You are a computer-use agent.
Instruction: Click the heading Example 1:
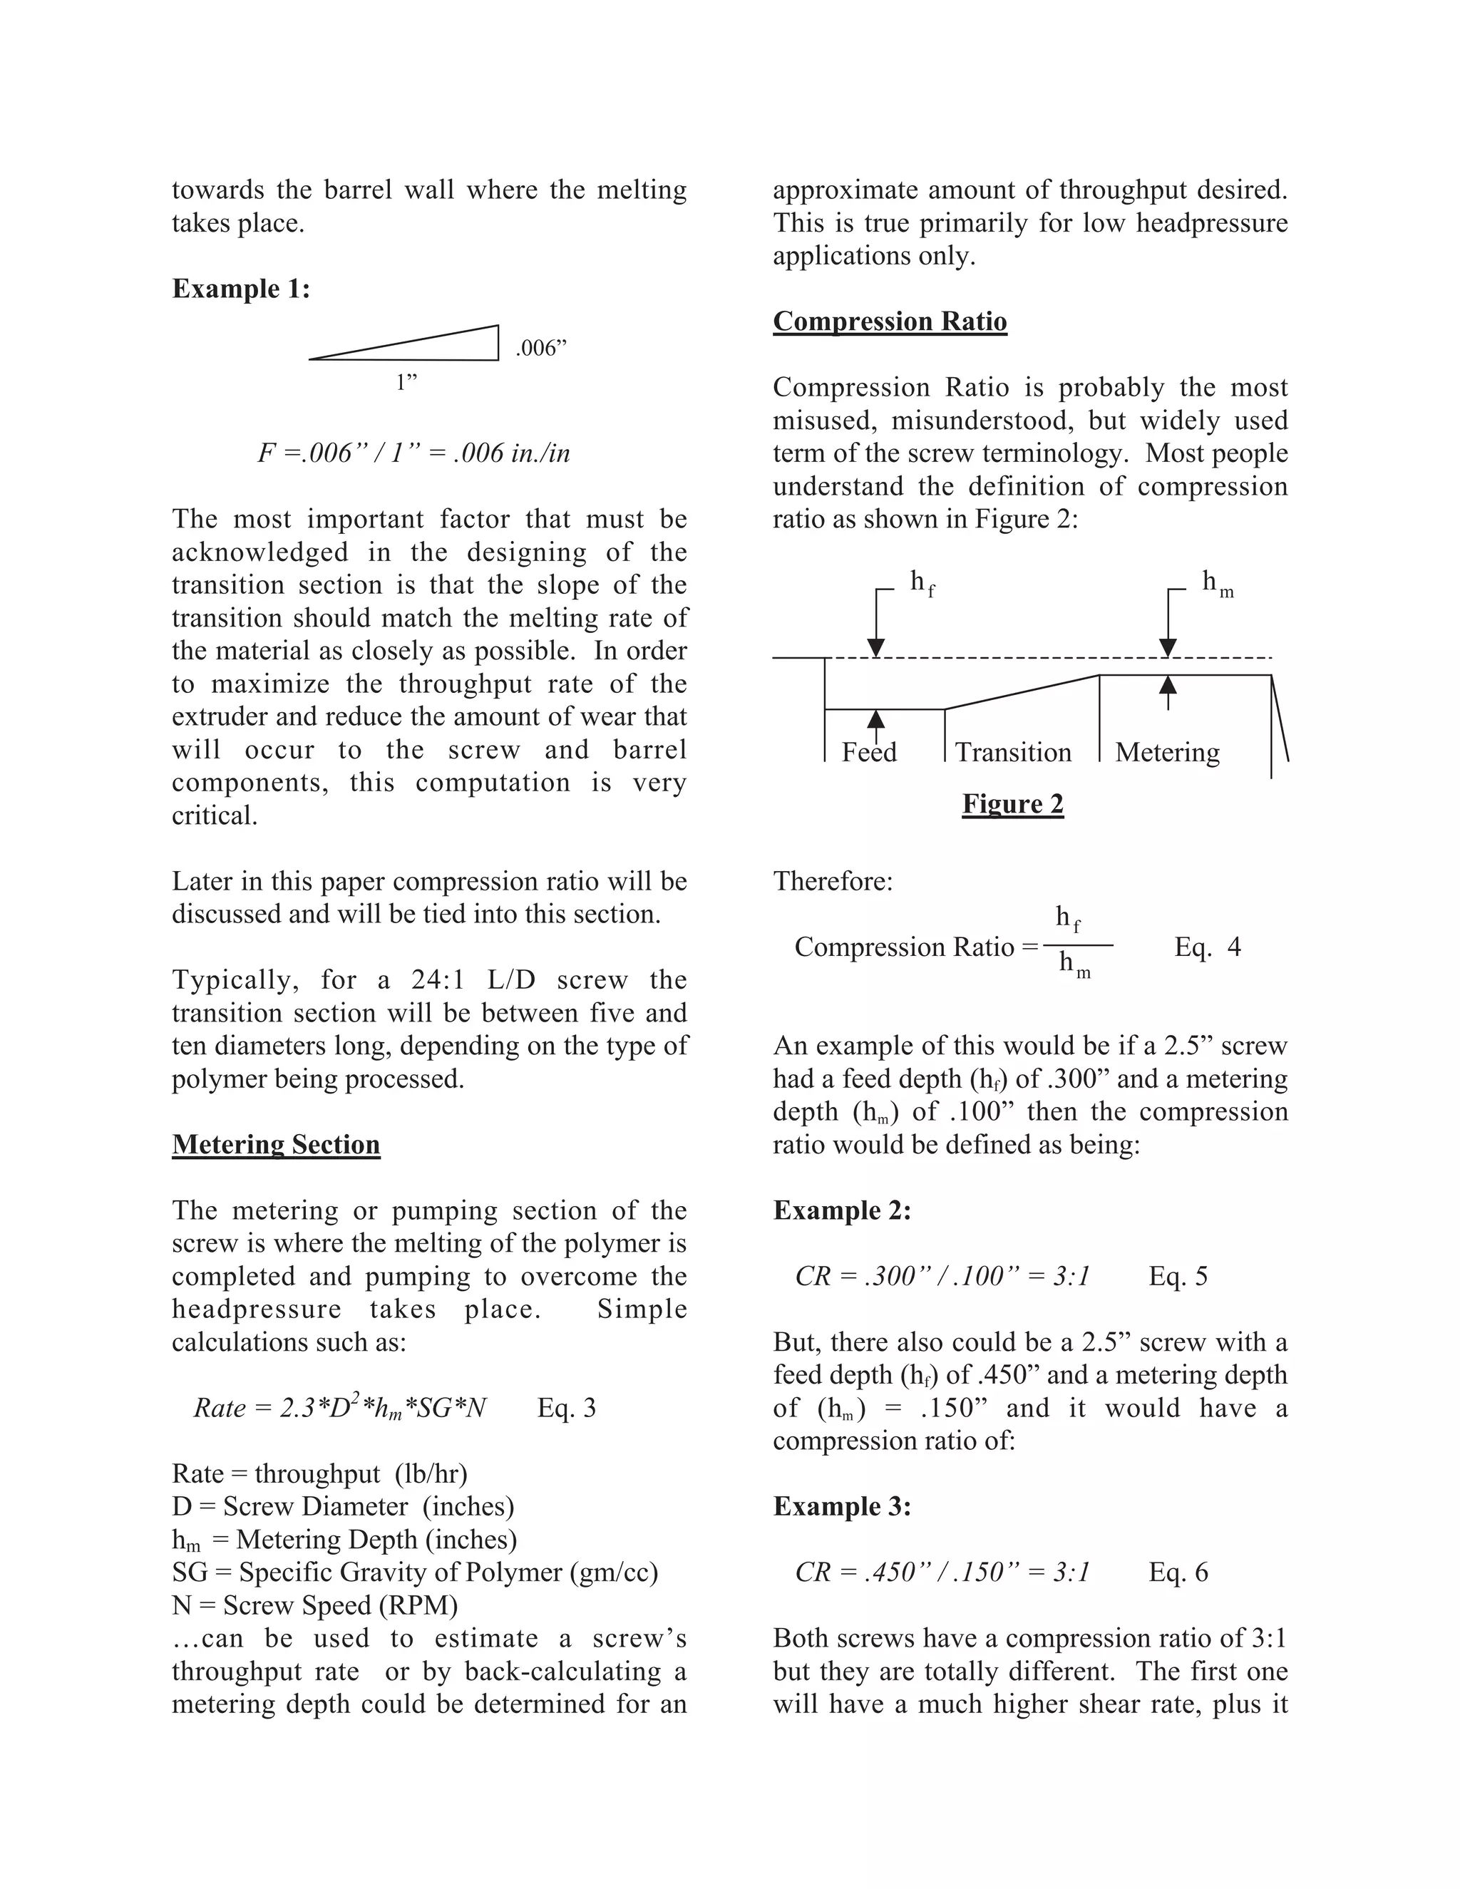pos(240,289)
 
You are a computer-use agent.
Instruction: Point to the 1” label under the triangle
pos(406,382)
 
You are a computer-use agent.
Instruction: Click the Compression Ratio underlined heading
pos(889,321)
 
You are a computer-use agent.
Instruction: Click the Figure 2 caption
pos(1012,804)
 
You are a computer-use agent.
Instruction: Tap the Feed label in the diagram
pos(868,753)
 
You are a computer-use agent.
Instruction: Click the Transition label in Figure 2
pos(1013,753)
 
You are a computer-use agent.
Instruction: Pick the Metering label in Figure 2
pos(1167,753)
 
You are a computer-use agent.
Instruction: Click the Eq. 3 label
pos(567,1408)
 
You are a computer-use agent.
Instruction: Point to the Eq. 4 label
pos(1207,947)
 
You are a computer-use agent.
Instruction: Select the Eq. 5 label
pos(1177,1277)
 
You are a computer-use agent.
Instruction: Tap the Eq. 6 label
pos(1177,1573)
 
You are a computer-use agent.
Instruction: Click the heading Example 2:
pos(842,1211)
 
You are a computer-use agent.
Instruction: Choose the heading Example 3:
pos(842,1507)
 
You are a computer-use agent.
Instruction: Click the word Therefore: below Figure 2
pos(832,881)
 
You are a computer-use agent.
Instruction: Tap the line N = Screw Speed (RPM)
pos(315,1605)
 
